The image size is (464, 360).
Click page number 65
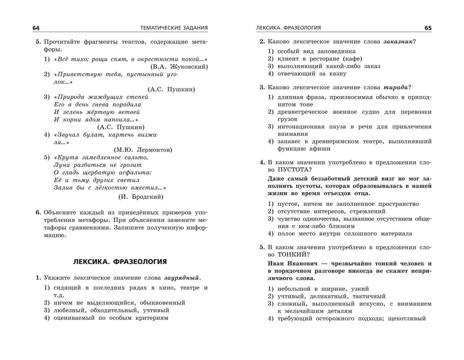pos(428,28)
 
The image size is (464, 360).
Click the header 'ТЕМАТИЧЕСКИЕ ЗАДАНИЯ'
pos(174,28)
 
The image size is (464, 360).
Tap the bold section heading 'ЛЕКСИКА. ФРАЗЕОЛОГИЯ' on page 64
pos(120,262)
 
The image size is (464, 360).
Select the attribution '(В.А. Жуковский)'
pos(179,67)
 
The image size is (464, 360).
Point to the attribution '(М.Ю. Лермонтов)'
pos(143,150)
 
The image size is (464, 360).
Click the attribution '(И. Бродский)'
pos(141,197)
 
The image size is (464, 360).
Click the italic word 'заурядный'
pos(181,278)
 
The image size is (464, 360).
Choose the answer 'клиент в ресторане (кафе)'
pos(320,59)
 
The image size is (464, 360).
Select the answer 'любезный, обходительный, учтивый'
pos(111,310)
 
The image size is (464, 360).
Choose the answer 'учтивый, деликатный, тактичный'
pos(331,296)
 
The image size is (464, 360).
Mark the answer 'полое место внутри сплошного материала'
pos(345,234)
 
